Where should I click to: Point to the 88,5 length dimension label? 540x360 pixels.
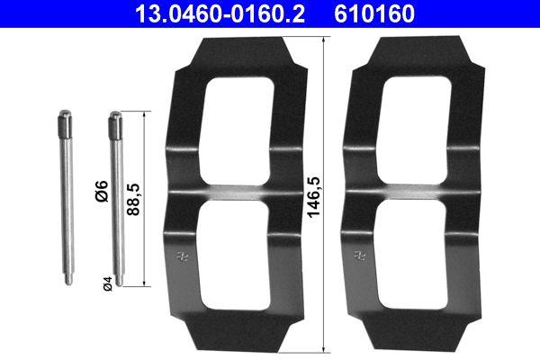click(x=134, y=199)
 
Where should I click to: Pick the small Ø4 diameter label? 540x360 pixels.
click(x=106, y=284)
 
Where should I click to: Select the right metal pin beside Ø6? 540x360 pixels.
click(x=115, y=198)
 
